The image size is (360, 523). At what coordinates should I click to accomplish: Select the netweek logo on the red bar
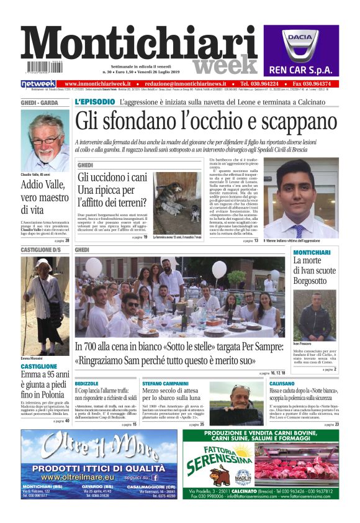tap(38, 83)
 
